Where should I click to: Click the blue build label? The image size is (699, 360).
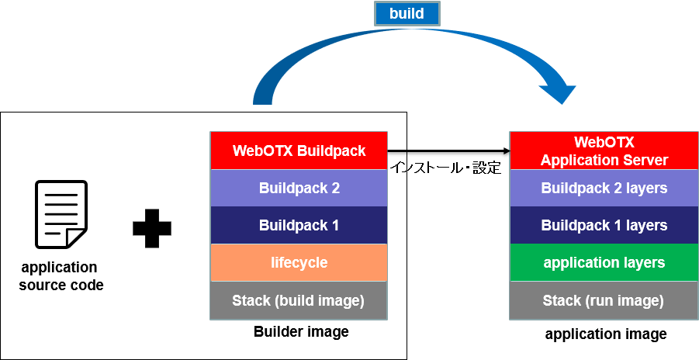click(407, 14)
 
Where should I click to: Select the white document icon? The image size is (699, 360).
click(61, 214)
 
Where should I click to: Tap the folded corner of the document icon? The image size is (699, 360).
click(75, 237)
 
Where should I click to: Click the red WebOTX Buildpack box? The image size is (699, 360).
click(299, 151)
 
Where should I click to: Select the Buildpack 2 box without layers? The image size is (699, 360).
click(299, 188)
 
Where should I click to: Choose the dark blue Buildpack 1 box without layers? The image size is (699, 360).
click(299, 225)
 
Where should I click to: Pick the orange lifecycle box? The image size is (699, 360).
click(299, 262)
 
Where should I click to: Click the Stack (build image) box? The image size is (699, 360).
click(299, 300)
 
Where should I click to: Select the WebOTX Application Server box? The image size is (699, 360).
click(604, 151)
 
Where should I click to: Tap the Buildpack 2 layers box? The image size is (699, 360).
click(604, 188)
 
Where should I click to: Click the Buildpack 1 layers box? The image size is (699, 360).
click(604, 225)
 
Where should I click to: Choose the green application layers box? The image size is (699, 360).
click(604, 262)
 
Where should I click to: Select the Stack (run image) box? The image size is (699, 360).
click(604, 300)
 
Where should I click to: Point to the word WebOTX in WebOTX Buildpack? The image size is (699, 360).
click(263, 151)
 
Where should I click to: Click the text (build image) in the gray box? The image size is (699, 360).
click(319, 300)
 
